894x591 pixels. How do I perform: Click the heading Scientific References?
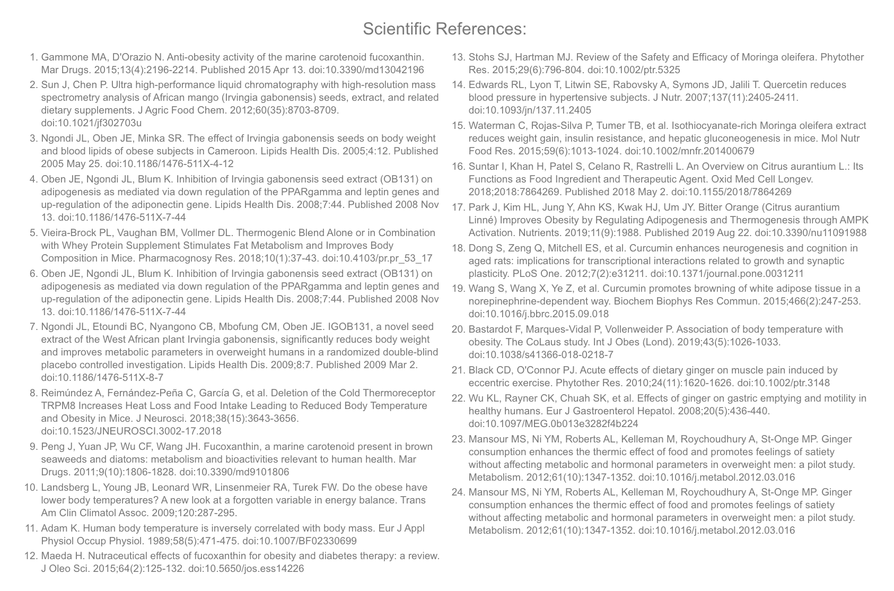pyautogui.click(x=444, y=29)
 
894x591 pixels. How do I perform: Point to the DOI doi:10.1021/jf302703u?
pyautogui.click(x=91, y=123)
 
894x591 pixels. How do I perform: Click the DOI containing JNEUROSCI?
pyautogui.click(x=131, y=431)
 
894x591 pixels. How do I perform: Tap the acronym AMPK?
pyautogui.click(x=854, y=220)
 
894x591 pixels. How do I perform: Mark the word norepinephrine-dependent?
pyautogui.click(x=523, y=301)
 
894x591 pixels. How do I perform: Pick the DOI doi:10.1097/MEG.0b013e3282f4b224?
pyautogui.click(x=553, y=424)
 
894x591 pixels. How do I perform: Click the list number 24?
pyautogui.click(x=458, y=492)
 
